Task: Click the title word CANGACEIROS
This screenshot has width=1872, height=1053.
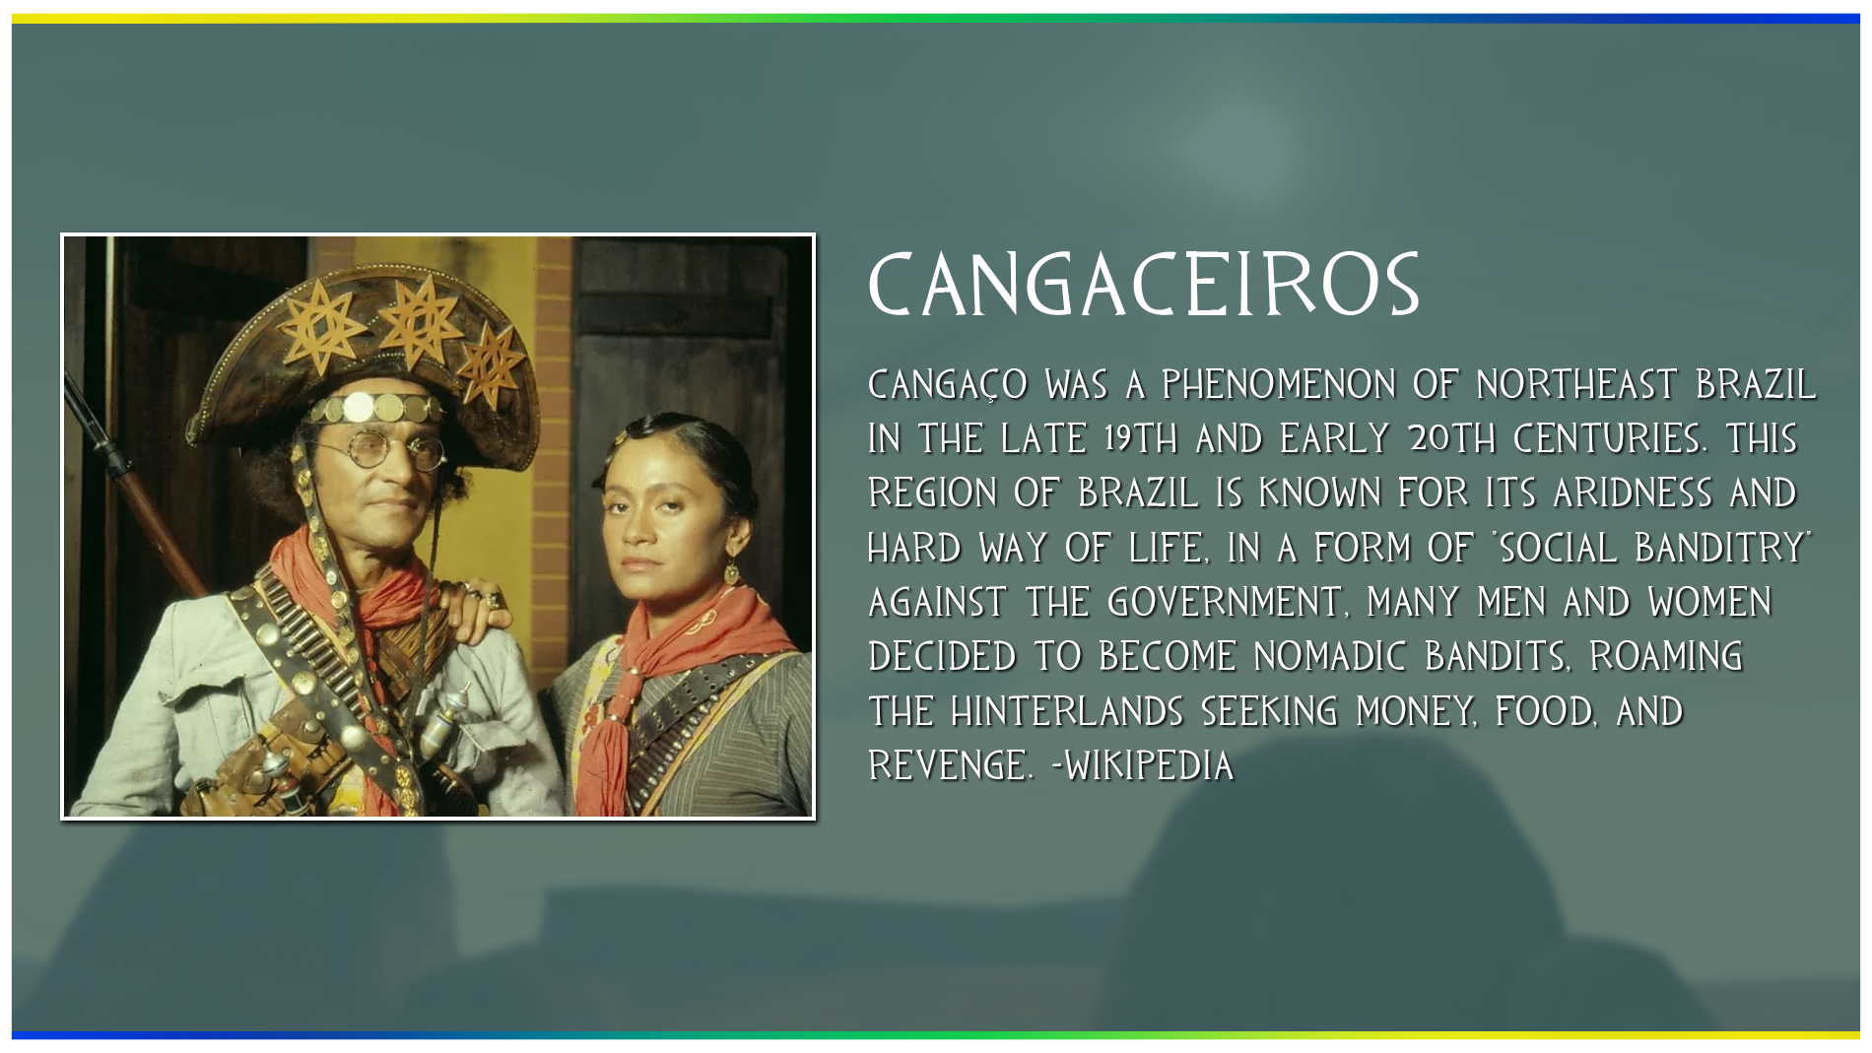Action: pos(1143,285)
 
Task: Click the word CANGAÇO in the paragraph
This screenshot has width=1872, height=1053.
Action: pos(948,384)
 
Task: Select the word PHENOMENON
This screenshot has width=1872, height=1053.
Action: pos(1279,384)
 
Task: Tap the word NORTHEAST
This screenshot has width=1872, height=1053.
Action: pos(1576,384)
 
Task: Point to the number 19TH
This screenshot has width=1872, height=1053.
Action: pos(1141,438)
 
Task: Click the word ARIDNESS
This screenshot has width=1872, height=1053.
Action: pos(1633,493)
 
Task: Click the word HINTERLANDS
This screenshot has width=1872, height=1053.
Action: pos(1067,711)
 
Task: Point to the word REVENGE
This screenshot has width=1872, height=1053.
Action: pos(950,765)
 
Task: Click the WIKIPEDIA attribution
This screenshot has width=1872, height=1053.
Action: pos(1143,765)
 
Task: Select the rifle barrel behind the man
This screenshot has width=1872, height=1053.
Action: pos(133,483)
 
